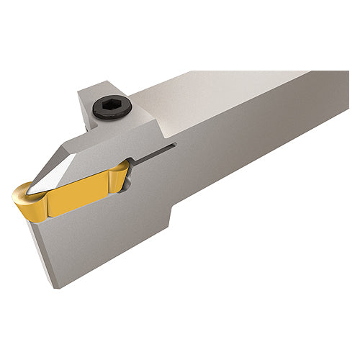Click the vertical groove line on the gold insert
pos(47,202)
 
